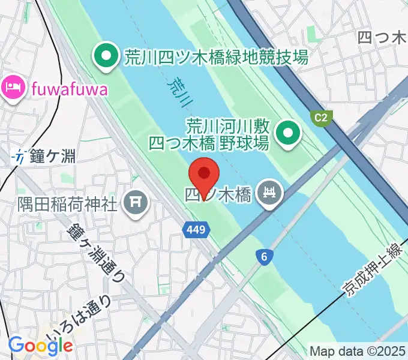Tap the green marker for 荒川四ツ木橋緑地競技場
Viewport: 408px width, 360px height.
pyautogui.click(x=106, y=58)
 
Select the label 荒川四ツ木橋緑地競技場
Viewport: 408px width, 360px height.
pyautogui.click(x=216, y=58)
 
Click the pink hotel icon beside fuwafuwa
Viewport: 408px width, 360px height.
pyautogui.click(x=12, y=89)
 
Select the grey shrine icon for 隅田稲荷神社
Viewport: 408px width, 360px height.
pyautogui.click(x=134, y=201)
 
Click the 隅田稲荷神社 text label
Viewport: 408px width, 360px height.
pyautogui.click(x=67, y=203)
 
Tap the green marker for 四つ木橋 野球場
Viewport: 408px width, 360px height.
pyautogui.click(x=288, y=134)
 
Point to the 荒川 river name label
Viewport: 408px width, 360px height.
pyautogui.click(x=176, y=94)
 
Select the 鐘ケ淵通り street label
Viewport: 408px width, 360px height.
pyautogui.click(x=96, y=251)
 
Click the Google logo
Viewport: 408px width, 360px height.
pyautogui.click(x=40, y=345)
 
